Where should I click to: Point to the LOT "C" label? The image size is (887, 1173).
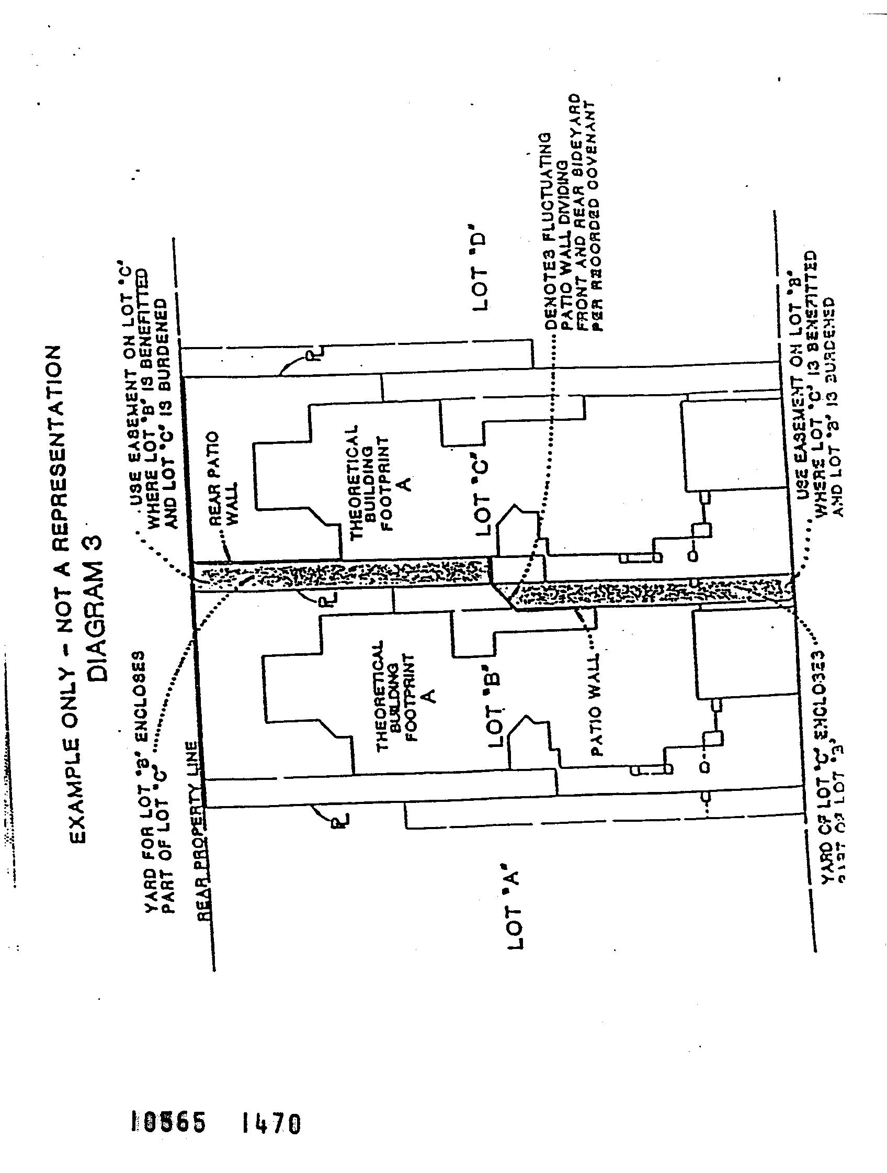pos(484,493)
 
